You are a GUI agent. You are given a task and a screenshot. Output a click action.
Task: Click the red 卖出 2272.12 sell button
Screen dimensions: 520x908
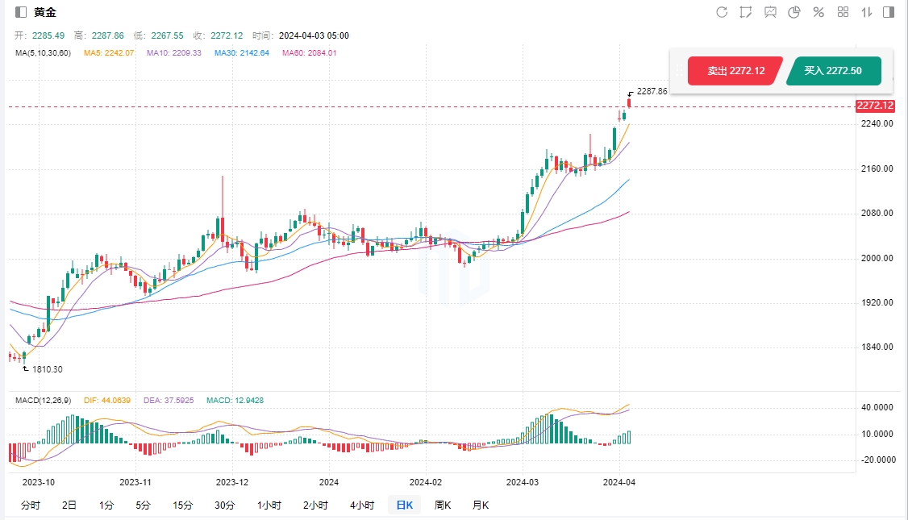[x=735, y=71]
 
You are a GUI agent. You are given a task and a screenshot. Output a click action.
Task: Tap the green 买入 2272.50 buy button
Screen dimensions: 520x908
[x=833, y=71]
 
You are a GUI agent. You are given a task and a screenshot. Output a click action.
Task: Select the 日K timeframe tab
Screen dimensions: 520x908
[x=404, y=505]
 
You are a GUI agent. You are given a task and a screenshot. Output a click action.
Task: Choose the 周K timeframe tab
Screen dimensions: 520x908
[x=443, y=505]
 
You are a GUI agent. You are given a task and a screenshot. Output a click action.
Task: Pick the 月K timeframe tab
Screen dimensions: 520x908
[x=481, y=505]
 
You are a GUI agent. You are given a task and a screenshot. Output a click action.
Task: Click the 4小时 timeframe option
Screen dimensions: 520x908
[x=362, y=505]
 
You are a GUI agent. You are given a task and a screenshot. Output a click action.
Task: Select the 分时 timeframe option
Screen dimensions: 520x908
[x=31, y=505]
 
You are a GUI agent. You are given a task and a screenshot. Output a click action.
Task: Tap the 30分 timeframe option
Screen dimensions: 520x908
[x=225, y=505]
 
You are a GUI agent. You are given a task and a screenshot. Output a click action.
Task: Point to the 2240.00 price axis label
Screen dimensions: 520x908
[x=877, y=124]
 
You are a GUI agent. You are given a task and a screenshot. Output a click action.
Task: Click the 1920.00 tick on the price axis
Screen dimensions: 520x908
[x=877, y=303]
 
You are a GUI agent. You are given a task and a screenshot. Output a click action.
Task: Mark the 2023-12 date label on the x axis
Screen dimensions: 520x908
[x=232, y=482]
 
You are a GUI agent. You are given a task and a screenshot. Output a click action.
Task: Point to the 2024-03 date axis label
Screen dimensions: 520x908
[x=521, y=482]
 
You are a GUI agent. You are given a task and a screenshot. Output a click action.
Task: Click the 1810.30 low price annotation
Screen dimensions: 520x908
[x=47, y=369]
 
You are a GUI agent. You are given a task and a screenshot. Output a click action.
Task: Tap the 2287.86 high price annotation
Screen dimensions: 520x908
[x=652, y=92]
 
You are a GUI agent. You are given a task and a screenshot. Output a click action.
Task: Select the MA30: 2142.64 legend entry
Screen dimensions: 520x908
[x=241, y=53]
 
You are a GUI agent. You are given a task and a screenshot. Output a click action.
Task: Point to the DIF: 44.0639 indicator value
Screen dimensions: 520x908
[x=109, y=401]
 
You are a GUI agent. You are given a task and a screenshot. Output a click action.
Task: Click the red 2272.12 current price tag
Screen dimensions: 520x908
[x=875, y=106]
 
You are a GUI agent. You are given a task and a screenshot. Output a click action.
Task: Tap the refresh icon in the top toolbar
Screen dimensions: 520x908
[x=722, y=12]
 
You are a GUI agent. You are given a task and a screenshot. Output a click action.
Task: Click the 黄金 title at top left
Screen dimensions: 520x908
[x=45, y=12]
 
